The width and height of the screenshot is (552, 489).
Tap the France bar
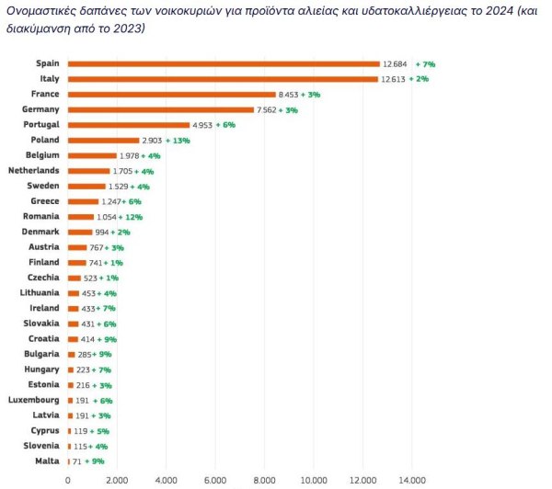click(x=171, y=94)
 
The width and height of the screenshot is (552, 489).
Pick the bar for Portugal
click(x=128, y=125)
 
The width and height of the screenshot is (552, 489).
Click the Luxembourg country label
click(x=34, y=400)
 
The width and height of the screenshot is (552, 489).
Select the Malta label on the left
click(x=47, y=461)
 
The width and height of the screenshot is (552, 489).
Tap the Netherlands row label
click(x=33, y=170)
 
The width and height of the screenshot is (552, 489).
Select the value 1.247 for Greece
click(x=113, y=201)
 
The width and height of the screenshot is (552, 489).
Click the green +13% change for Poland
click(x=178, y=140)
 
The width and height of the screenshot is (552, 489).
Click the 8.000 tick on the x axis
click(x=265, y=479)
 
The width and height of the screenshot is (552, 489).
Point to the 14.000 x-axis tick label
click(x=412, y=479)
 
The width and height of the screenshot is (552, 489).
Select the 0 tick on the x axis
click(x=68, y=479)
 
